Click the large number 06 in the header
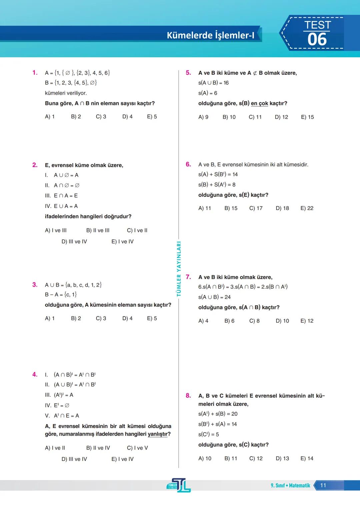tap(317, 40)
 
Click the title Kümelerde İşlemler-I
tap(210, 35)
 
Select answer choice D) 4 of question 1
tap(127, 117)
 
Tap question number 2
tap(35, 165)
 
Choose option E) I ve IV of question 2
tap(122, 241)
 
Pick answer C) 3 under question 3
tap(101, 318)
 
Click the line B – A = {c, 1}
tap(61, 295)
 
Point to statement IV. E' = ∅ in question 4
tap(57, 405)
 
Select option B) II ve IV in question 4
tap(98, 448)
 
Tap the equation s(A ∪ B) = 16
tap(213, 83)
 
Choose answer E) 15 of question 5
tap(307, 117)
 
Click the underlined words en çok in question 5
tap(259, 103)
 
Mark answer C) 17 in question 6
tap(256, 208)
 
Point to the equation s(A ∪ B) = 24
tap(214, 297)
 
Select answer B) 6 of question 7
tap(229, 321)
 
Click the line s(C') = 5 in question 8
tap(208, 434)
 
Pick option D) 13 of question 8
tap(282, 459)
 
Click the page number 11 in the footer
tap(323, 485)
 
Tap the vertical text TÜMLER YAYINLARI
tap(179, 269)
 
